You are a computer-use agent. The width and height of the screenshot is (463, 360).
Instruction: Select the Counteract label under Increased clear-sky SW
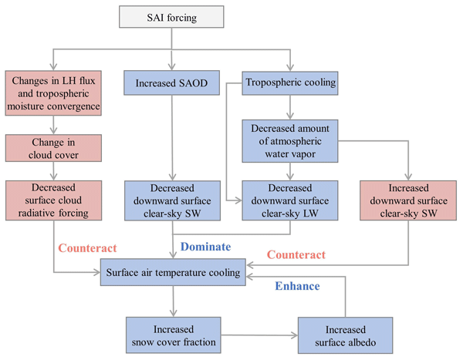[296, 254]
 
